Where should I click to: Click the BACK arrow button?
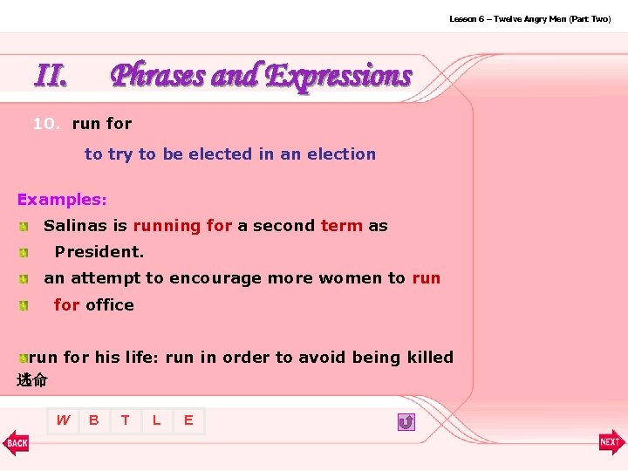click(16, 442)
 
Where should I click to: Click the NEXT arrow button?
click(611, 442)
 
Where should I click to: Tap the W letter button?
click(63, 420)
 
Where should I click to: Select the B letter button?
click(93, 420)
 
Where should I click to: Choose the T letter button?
click(126, 420)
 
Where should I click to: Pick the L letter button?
click(157, 420)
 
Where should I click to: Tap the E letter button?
click(188, 420)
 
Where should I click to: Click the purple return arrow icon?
click(406, 422)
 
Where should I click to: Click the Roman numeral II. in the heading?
click(51, 76)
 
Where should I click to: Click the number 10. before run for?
click(46, 124)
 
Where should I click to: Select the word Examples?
click(62, 200)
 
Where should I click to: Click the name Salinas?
click(74, 226)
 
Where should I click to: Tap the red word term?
click(341, 226)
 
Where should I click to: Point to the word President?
click(99, 252)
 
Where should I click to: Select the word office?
click(110, 304)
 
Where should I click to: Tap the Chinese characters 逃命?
click(32, 379)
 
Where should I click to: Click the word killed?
click(428, 357)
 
